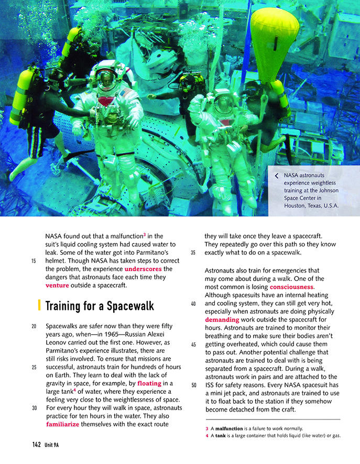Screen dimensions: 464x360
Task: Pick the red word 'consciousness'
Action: click(291, 287)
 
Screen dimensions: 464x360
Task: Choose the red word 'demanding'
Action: click(222, 319)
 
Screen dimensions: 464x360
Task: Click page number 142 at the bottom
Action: click(36, 445)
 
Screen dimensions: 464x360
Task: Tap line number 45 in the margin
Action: click(194, 344)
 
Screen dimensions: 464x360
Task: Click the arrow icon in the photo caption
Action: click(276, 176)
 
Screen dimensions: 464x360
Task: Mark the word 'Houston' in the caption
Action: click(296, 206)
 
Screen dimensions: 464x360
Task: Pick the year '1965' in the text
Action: click(112, 334)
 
